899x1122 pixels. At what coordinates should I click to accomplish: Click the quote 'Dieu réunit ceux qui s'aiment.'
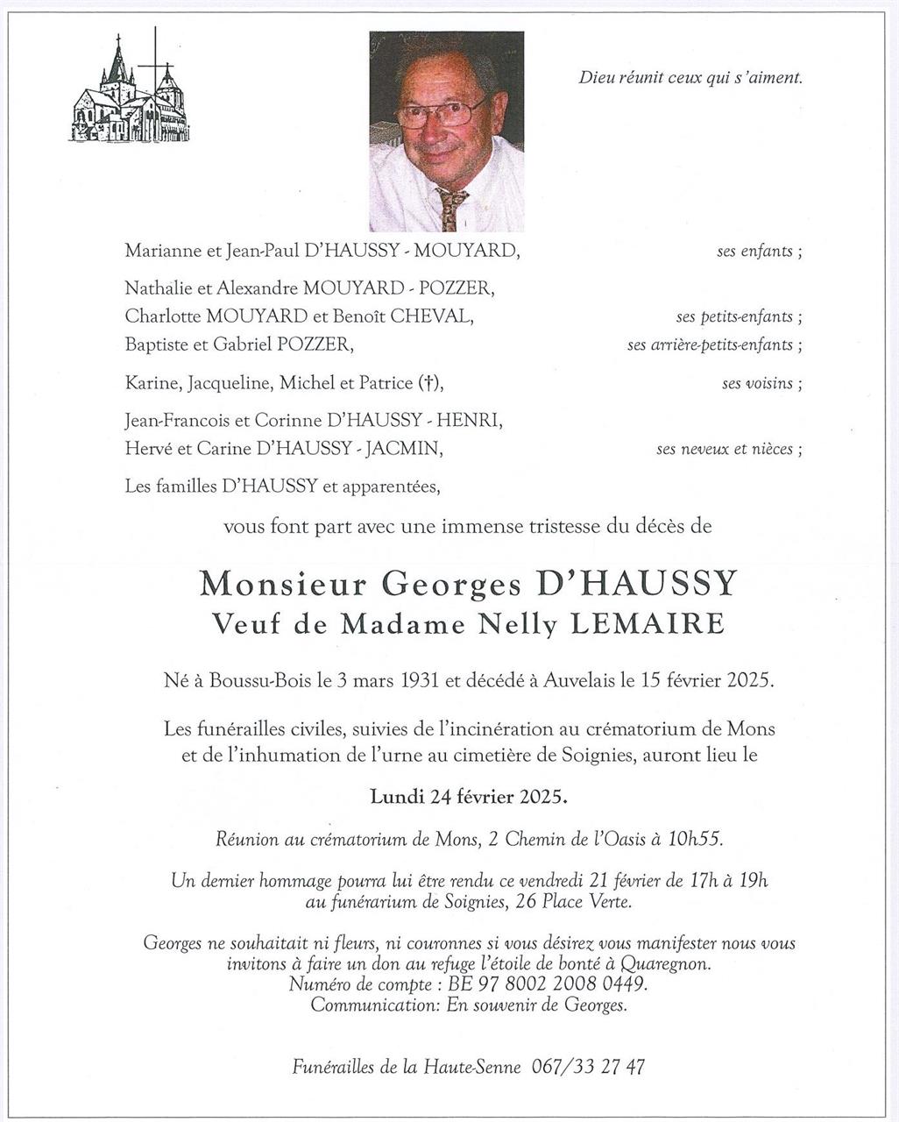690,78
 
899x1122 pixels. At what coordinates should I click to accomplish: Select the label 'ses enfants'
755,252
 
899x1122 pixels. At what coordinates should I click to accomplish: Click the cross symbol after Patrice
428,383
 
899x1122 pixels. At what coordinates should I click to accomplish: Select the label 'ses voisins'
758,383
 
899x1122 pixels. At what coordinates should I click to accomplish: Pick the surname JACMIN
403,449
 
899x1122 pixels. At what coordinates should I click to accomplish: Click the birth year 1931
422,680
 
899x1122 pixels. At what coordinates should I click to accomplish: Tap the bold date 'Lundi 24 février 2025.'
469,797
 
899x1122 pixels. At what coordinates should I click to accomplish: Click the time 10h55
694,839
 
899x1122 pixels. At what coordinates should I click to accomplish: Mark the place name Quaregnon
658,963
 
